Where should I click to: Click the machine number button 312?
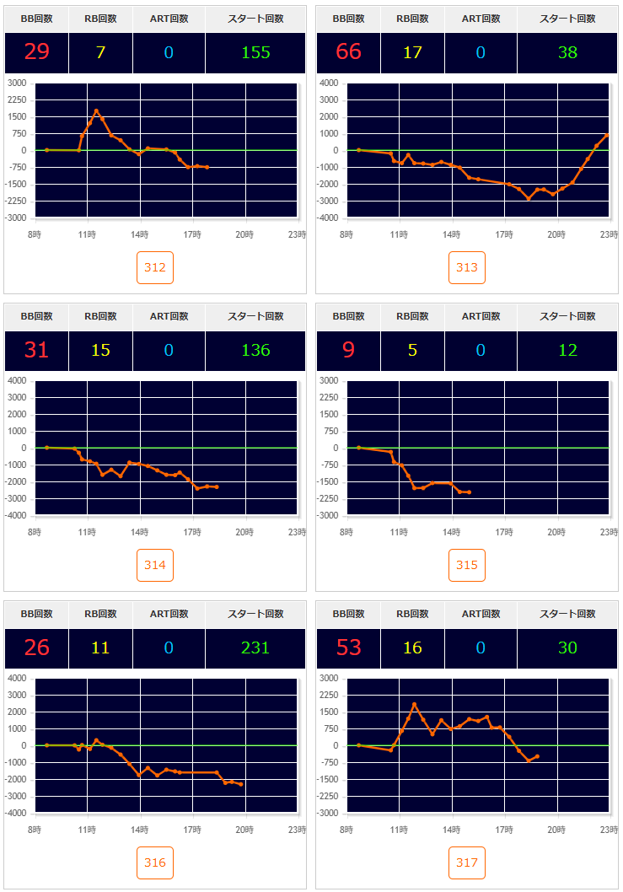pyautogui.click(x=155, y=268)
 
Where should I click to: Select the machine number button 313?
pyautogui.click(x=467, y=268)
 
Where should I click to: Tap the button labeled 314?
pyautogui.click(x=155, y=566)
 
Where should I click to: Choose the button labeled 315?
pyautogui.click(x=467, y=566)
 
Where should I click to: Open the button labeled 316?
pyautogui.click(x=155, y=863)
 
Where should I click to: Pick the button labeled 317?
pyautogui.click(x=467, y=863)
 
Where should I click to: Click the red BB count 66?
pyautogui.click(x=348, y=52)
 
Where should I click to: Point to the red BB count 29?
pyautogui.click(x=36, y=52)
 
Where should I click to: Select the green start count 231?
pyautogui.click(x=255, y=648)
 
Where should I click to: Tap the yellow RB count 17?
pyautogui.click(x=412, y=52)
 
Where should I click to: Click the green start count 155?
pyautogui.click(x=255, y=52)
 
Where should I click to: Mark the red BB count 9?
pyautogui.click(x=348, y=350)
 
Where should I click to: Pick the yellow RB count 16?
pyautogui.click(x=412, y=648)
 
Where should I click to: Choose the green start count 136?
pyautogui.click(x=255, y=350)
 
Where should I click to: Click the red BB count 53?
pyautogui.click(x=348, y=648)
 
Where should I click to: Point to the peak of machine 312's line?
pyautogui.click(x=96, y=110)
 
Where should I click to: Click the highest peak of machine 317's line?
pyautogui.click(x=414, y=704)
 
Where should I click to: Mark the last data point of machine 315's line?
pyautogui.click(x=469, y=492)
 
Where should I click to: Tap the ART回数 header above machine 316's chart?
pyautogui.click(x=169, y=614)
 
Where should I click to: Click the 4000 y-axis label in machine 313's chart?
pyautogui.click(x=329, y=83)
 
